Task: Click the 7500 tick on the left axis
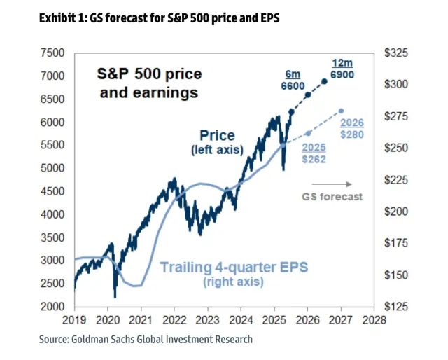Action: coord(53,53)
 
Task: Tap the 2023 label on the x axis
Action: coord(207,321)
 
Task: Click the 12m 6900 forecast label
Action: coord(342,67)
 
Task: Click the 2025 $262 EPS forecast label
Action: coord(315,153)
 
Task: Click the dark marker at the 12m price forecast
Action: coord(323,82)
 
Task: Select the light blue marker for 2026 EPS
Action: coord(341,111)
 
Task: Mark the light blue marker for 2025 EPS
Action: coord(307,133)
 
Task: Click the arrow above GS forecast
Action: coord(332,184)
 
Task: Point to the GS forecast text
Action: coord(332,197)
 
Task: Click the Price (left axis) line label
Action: coord(217,141)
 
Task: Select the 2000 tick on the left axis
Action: coord(53,307)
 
